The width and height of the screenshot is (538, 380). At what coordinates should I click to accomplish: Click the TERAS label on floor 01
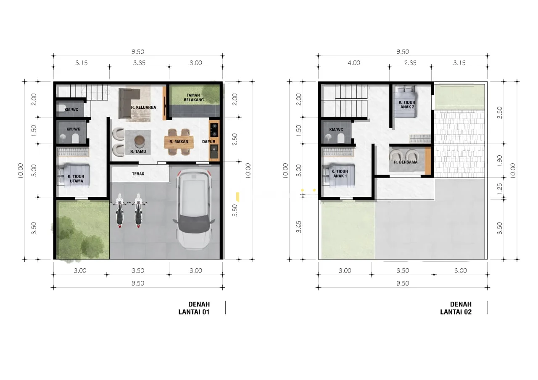click(x=138, y=174)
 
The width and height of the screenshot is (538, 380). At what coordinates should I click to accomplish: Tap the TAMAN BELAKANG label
click(x=194, y=97)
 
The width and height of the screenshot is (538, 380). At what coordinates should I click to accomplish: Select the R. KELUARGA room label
click(x=144, y=107)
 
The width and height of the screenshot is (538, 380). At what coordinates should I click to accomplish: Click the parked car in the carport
click(x=194, y=210)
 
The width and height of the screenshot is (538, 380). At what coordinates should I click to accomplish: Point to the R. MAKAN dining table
click(x=179, y=142)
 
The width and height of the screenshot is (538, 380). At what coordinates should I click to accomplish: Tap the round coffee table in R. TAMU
click(x=139, y=141)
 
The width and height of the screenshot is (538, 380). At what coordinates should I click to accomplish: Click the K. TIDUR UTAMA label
click(x=76, y=179)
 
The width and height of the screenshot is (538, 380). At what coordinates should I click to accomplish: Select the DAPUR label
click(x=209, y=142)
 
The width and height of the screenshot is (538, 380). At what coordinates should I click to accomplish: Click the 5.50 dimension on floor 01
click(x=235, y=210)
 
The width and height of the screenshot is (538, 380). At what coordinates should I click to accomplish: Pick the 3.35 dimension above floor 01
click(x=139, y=63)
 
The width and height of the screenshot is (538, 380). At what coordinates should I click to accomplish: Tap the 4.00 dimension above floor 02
click(x=354, y=63)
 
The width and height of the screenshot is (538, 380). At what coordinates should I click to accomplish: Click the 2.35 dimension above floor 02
click(x=410, y=63)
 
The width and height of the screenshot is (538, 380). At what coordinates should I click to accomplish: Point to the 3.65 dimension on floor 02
click(x=298, y=227)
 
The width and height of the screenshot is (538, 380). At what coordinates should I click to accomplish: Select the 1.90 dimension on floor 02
click(x=500, y=161)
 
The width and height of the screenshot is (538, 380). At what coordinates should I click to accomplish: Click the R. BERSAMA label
click(x=406, y=162)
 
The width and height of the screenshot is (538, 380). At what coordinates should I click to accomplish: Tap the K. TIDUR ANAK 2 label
click(x=407, y=105)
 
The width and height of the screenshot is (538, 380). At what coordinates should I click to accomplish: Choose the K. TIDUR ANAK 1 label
click(x=340, y=174)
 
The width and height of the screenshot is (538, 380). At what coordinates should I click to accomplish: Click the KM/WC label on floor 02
click(x=336, y=130)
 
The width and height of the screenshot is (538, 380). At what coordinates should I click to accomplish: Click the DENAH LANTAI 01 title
click(x=194, y=308)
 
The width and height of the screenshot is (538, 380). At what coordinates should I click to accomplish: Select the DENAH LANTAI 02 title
click(x=456, y=308)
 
